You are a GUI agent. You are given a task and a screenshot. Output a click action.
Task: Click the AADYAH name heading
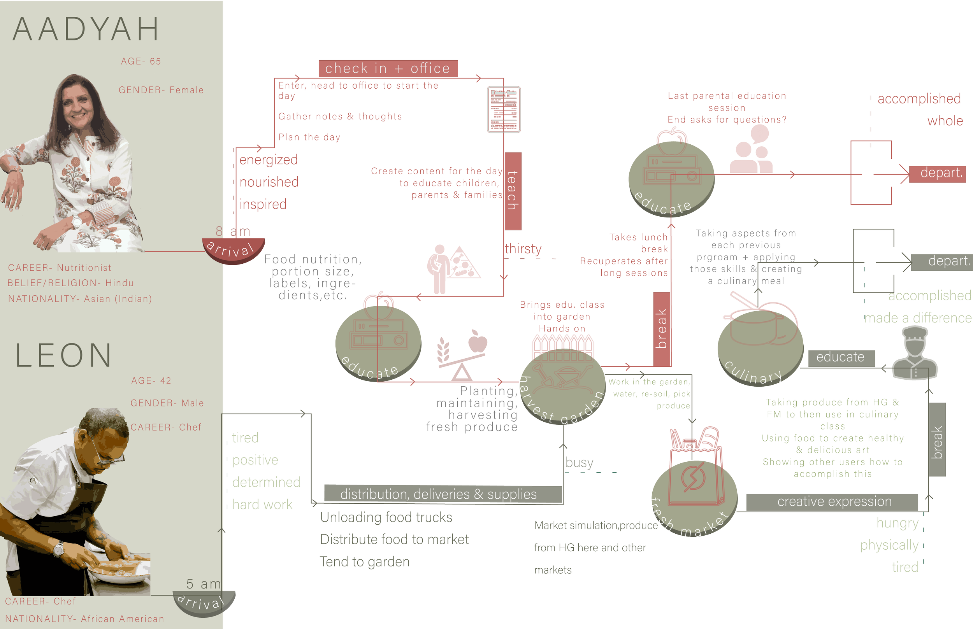(86, 30)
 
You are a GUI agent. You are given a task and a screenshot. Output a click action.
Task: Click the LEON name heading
(63, 356)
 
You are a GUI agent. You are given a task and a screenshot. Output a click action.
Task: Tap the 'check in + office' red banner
(388, 68)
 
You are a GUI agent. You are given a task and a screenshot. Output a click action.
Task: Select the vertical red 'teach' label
(513, 191)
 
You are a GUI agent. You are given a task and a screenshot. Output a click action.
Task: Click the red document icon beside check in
(504, 109)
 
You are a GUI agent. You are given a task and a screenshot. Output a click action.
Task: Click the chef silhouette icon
(915, 354)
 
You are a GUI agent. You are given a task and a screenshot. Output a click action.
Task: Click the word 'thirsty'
(523, 249)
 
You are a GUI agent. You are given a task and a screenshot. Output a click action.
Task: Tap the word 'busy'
(579, 463)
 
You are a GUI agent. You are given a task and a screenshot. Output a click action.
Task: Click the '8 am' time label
(232, 231)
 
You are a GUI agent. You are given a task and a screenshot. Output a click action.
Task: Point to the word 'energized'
(268, 160)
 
